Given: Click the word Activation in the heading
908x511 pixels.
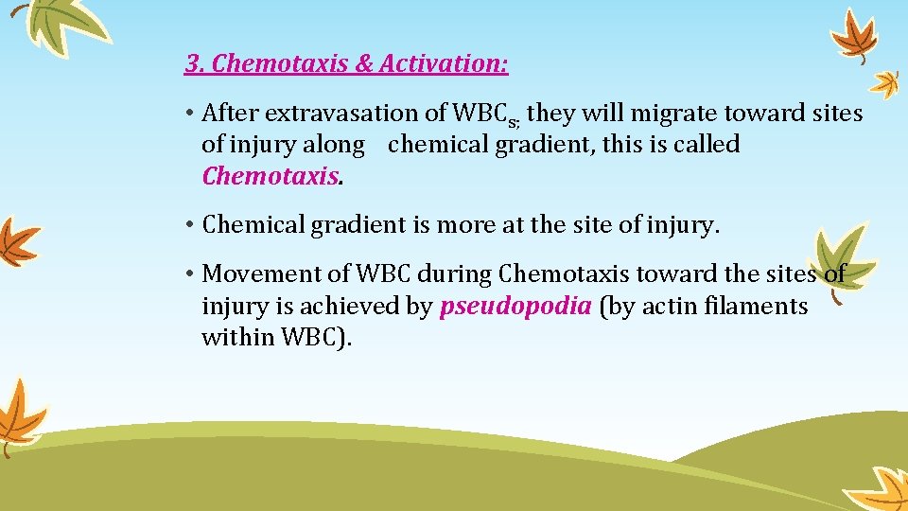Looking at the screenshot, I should click(444, 64).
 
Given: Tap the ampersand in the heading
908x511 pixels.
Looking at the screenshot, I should click(364, 64).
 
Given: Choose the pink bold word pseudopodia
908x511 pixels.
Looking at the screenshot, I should click(516, 307).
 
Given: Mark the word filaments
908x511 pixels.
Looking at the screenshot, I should click(762, 307).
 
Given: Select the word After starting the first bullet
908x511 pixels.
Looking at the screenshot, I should click(231, 114).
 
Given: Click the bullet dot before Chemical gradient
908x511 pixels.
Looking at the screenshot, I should click(190, 225).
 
